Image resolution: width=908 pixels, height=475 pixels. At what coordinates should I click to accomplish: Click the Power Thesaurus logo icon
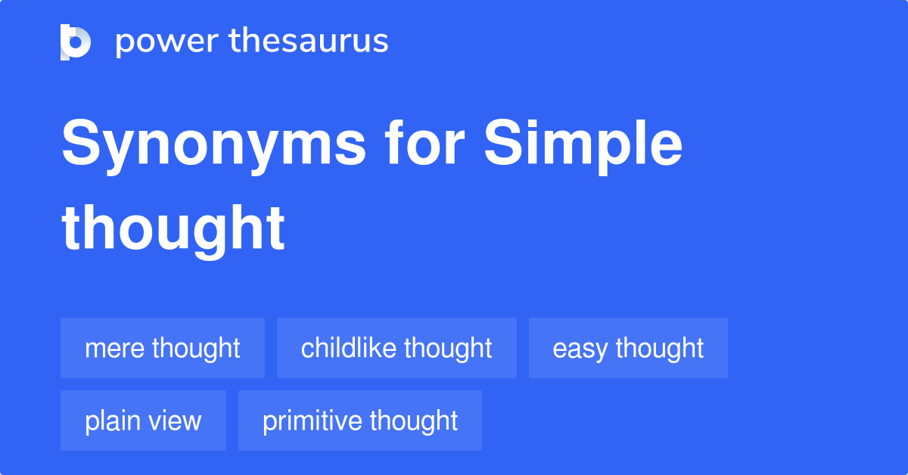(x=76, y=42)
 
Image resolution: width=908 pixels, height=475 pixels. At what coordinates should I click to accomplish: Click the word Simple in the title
(x=583, y=145)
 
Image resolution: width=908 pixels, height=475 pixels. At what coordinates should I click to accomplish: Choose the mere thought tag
(x=163, y=348)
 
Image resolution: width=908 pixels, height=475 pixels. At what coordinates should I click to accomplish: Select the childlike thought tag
(x=396, y=348)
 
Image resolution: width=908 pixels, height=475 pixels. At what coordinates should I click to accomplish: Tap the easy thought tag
(x=628, y=348)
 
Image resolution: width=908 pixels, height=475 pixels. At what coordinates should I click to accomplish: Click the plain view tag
(x=143, y=421)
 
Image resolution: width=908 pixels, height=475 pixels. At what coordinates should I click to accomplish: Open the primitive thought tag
(x=360, y=421)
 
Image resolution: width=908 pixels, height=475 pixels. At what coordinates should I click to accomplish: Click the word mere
(x=115, y=349)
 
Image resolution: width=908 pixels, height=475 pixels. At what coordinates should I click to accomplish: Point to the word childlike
(x=349, y=348)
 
